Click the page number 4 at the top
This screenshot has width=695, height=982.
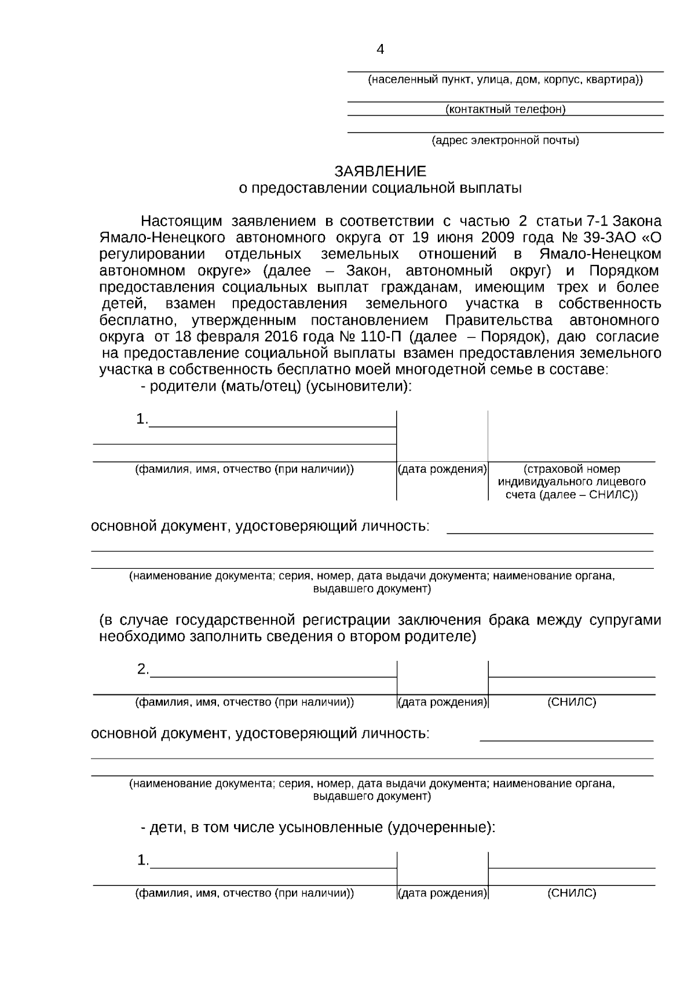click(x=380, y=50)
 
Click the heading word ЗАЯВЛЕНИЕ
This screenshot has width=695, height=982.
click(x=380, y=171)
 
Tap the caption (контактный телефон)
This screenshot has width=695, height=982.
click(x=505, y=109)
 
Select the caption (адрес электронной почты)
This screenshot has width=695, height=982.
click(x=505, y=140)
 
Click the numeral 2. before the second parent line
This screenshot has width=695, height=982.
click(x=143, y=670)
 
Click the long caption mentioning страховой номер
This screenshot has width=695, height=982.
click(x=572, y=482)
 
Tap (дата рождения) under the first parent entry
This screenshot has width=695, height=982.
click(x=442, y=469)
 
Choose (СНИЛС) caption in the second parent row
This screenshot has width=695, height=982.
click(x=571, y=703)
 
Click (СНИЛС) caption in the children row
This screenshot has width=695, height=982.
click(x=571, y=893)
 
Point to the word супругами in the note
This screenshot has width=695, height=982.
click(x=625, y=620)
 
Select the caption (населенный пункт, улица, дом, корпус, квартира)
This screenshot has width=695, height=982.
click(x=505, y=80)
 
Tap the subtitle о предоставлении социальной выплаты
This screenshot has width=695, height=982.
click(x=380, y=188)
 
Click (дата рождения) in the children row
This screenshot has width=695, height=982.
click(x=442, y=893)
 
